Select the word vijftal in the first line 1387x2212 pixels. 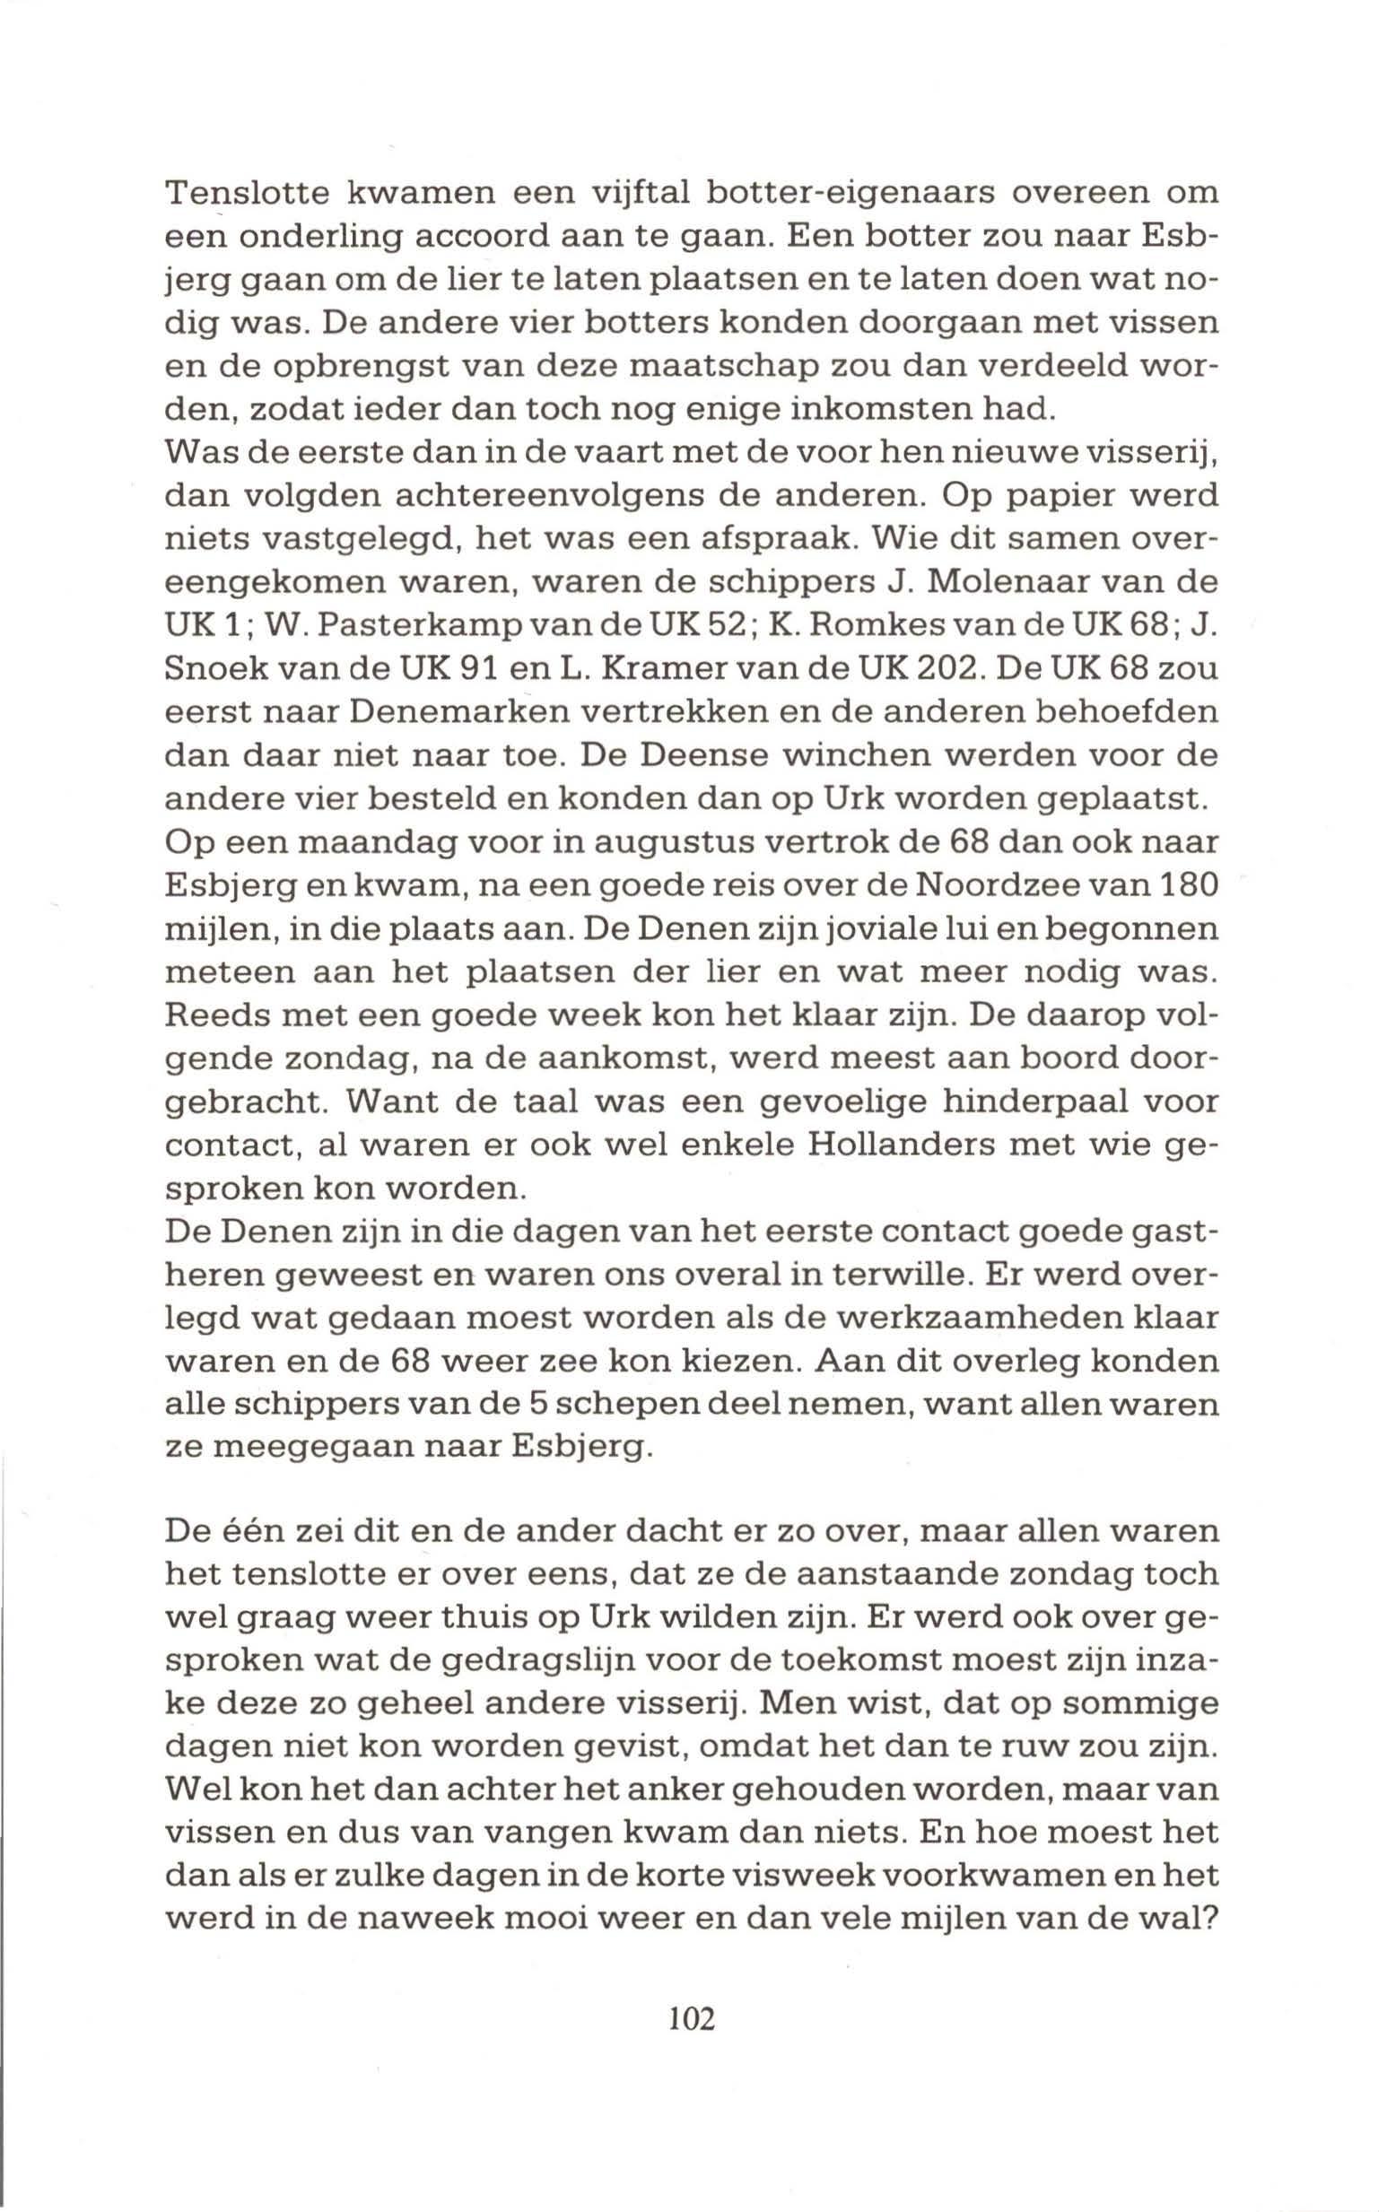pos(639,196)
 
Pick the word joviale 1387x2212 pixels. pos(917,929)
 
